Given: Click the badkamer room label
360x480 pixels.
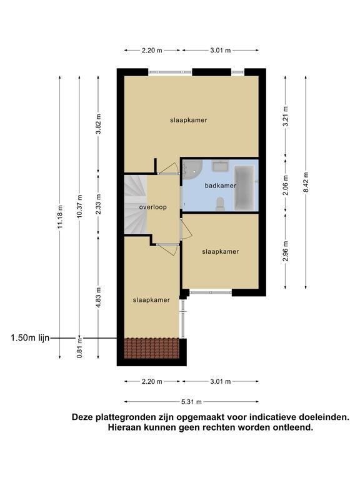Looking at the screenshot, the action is tap(221, 186).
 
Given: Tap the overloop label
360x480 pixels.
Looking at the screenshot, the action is tap(152, 207).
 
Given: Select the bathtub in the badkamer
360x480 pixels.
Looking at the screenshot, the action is tap(244, 187).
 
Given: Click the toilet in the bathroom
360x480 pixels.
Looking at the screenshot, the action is tap(220, 204).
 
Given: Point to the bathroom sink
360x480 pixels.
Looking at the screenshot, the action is tap(221, 166).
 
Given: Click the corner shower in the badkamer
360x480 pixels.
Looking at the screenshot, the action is tap(192, 170).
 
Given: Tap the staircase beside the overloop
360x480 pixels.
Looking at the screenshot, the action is tap(136, 204).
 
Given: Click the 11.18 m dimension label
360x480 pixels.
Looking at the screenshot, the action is tap(60, 216).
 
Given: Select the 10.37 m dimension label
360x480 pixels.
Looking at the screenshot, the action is tap(79, 206).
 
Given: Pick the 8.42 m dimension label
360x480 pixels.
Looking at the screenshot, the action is tap(306, 182).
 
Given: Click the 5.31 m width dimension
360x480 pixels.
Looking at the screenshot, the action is tap(192, 402).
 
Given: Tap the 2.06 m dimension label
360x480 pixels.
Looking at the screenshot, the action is tap(286, 185).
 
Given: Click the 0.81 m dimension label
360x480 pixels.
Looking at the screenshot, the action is tap(79, 347).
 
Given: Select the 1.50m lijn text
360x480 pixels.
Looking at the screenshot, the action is tap(30, 338).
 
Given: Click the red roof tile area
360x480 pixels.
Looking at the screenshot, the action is tap(151, 348).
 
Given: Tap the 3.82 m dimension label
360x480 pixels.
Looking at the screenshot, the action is tap(98, 124).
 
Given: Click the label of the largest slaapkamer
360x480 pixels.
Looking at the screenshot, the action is tap(189, 120).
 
